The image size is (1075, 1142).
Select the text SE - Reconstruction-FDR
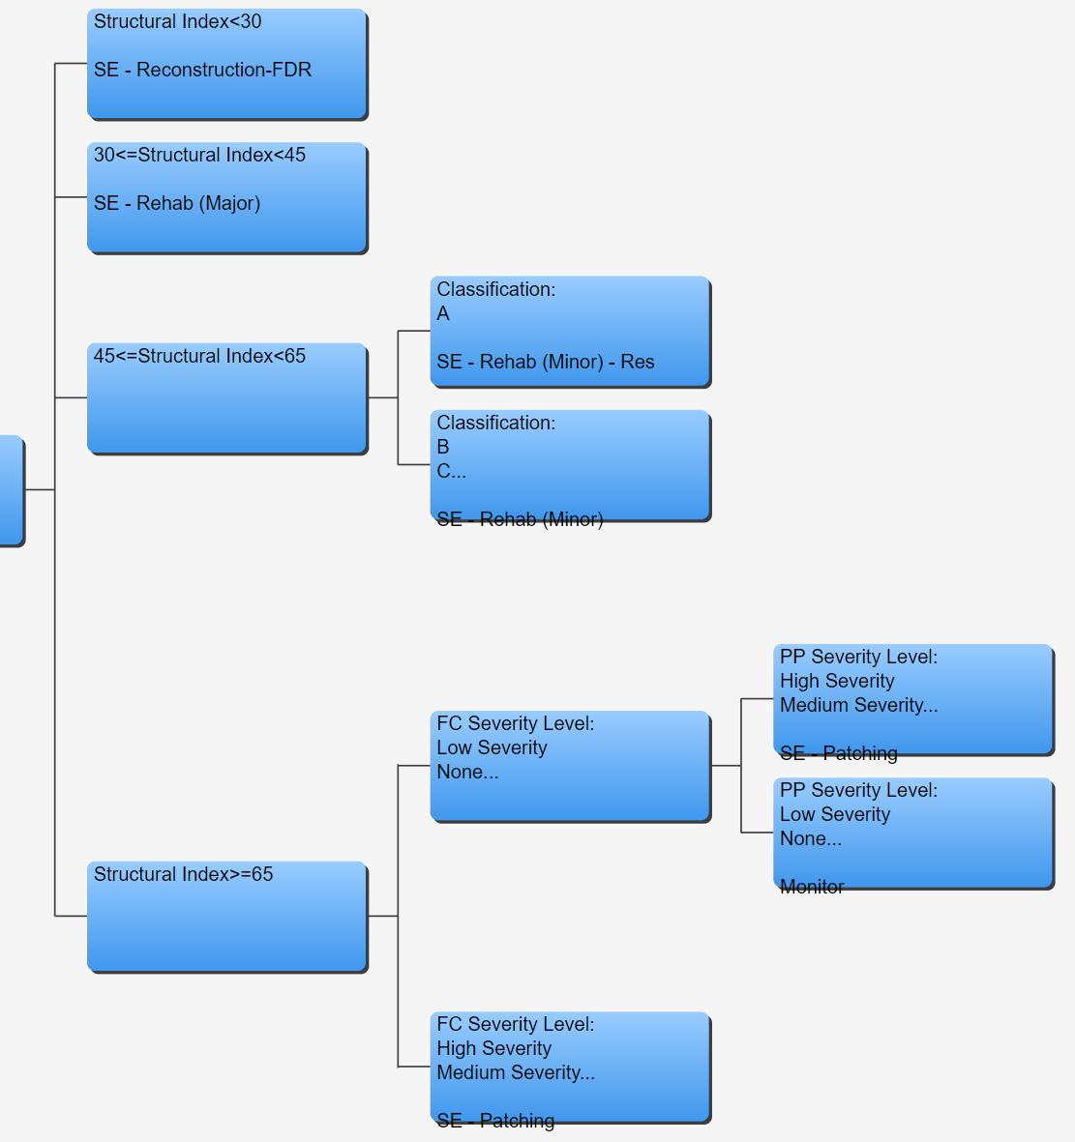202,70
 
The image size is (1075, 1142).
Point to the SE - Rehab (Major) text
177,203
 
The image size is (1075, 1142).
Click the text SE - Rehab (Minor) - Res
545,362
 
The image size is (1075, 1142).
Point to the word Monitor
812,887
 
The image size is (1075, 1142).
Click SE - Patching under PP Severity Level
838,753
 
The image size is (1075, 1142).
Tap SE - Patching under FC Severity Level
495,1121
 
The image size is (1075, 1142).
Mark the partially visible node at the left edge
11,489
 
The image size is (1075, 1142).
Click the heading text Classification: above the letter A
495,289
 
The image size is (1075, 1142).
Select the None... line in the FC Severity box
467,772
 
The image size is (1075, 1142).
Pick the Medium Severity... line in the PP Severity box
858,705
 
